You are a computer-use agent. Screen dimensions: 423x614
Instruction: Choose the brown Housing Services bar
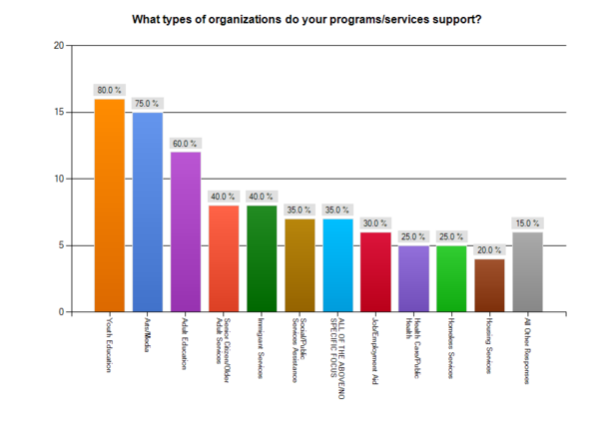pos(489,285)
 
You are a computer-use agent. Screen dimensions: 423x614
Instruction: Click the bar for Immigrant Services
pos(262,258)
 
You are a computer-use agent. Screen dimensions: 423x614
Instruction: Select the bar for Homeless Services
pos(451,278)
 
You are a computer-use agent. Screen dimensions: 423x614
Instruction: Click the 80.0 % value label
pos(109,90)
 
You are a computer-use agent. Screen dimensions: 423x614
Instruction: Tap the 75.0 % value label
pos(148,103)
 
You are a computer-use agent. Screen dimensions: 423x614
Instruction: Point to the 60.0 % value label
pos(186,143)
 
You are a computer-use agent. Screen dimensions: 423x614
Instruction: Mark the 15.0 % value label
pos(527,222)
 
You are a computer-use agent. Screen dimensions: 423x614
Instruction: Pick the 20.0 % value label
pos(489,249)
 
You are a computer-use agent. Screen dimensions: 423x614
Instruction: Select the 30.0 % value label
pos(375,222)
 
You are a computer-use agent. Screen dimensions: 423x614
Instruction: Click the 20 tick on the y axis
pos(59,46)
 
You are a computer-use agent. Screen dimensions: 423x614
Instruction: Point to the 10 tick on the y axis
pos(59,179)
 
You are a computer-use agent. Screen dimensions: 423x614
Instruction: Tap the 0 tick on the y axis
pos(61,312)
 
